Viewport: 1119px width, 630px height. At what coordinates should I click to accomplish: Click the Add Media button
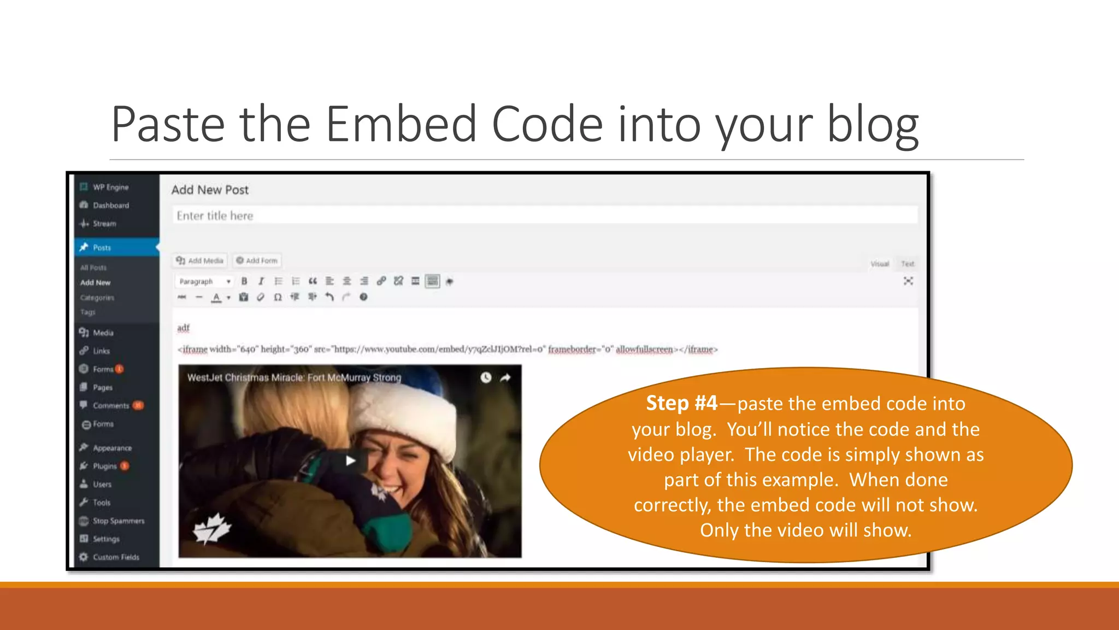click(x=200, y=261)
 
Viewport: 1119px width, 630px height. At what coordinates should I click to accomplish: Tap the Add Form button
click(x=257, y=261)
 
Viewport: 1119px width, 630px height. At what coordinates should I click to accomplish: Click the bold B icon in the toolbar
click(x=244, y=282)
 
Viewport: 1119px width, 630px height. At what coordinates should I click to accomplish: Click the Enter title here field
click(x=544, y=215)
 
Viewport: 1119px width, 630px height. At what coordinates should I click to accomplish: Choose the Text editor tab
click(x=908, y=264)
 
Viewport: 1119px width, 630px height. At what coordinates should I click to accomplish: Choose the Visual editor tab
click(x=880, y=264)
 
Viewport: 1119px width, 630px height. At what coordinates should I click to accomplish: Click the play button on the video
click(x=350, y=460)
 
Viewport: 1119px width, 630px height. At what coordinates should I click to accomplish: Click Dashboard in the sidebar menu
click(x=110, y=206)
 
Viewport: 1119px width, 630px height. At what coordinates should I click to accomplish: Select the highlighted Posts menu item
click(x=102, y=248)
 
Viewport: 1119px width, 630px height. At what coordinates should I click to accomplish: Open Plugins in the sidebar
click(x=104, y=466)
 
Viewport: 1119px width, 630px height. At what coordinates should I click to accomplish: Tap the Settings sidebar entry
click(x=105, y=539)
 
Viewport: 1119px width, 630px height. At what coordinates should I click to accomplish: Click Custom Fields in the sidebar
click(x=115, y=557)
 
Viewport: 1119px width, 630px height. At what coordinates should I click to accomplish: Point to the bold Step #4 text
click(x=681, y=404)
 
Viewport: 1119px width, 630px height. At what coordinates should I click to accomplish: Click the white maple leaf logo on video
click(x=212, y=528)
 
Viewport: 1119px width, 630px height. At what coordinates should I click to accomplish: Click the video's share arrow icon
click(x=505, y=377)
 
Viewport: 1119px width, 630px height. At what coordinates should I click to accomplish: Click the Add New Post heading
click(x=210, y=190)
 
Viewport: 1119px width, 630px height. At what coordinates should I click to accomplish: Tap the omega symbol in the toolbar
click(x=278, y=297)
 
